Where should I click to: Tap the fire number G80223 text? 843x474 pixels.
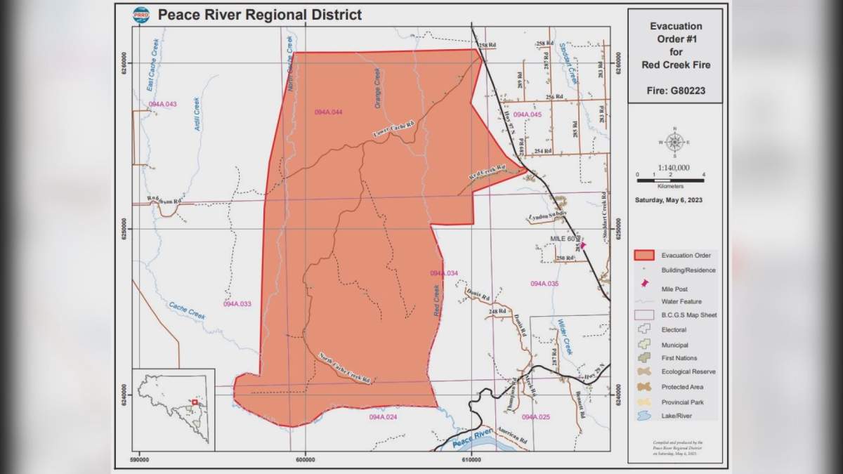pyautogui.click(x=675, y=91)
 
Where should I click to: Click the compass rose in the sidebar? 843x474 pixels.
pyautogui.click(x=674, y=143)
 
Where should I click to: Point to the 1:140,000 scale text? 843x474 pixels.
pyautogui.click(x=674, y=168)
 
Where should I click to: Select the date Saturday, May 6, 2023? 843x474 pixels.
pyautogui.click(x=674, y=200)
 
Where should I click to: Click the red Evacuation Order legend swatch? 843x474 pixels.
pyautogui.click(x=644, y=255)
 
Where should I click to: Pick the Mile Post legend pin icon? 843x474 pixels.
pyautogui.click(x=644, y=284)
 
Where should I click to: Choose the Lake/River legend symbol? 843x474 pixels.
pyautogui.click(x=644, y=416)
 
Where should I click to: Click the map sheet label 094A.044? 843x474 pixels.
pyautogui.click(x=328, y=112)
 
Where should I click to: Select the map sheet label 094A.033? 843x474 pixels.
pyautogui.click(x=237, y=304)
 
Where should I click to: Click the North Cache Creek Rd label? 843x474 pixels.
pyautogui.click(x=344, y=368)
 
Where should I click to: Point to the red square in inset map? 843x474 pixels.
pyautogui.click(x=195, y=402)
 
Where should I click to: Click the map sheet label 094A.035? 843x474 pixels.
pyautogui.click(x=544, y=284)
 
